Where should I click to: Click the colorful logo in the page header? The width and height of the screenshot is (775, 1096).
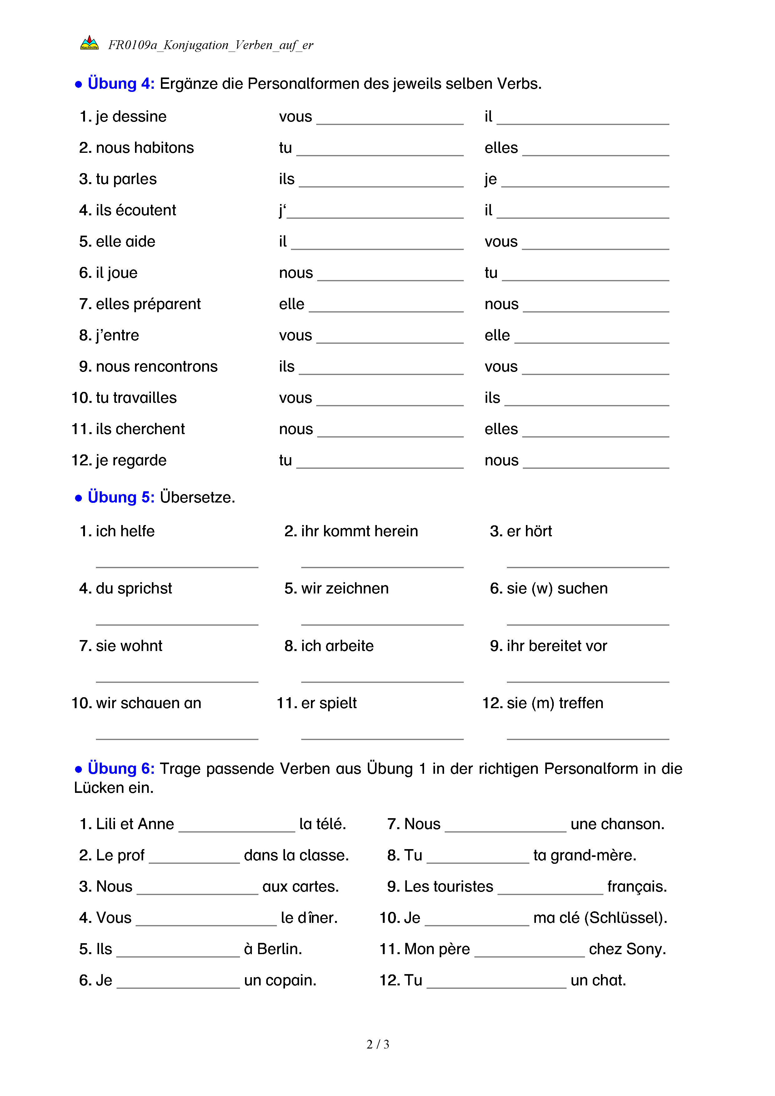(x=89, y=43)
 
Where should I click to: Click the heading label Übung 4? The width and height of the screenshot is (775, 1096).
(x=121, y=83)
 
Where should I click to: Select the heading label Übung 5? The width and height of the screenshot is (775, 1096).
(x=121, y=498)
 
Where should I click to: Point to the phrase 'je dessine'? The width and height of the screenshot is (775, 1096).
(x=131, y=117)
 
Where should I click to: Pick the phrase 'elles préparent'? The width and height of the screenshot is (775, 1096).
(x=148, y=304)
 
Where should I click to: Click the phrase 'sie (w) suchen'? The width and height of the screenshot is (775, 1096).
(x=557, y=588)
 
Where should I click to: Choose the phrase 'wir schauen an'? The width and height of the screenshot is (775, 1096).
(x=148, y=703)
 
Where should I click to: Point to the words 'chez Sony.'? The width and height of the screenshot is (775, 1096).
(x=627, y=949)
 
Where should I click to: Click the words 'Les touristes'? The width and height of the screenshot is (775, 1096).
(x=448, y=886)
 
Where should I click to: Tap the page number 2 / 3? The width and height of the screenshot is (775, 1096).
(x=377, y=1044)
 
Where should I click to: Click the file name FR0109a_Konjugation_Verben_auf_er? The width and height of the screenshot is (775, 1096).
(x=210, y=45)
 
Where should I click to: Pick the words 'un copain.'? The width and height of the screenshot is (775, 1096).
(x=280, y=980)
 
